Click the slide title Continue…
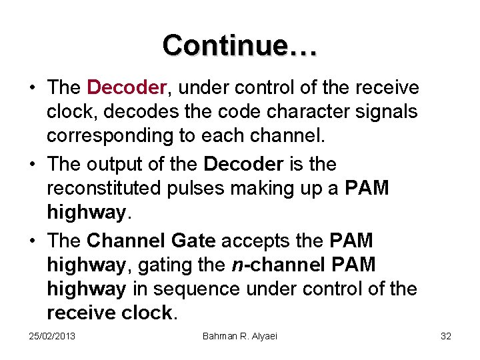240,45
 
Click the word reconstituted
108,189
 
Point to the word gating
161,265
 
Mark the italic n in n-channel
237,265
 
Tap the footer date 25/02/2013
52,336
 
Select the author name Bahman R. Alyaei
239,336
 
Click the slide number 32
446,336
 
